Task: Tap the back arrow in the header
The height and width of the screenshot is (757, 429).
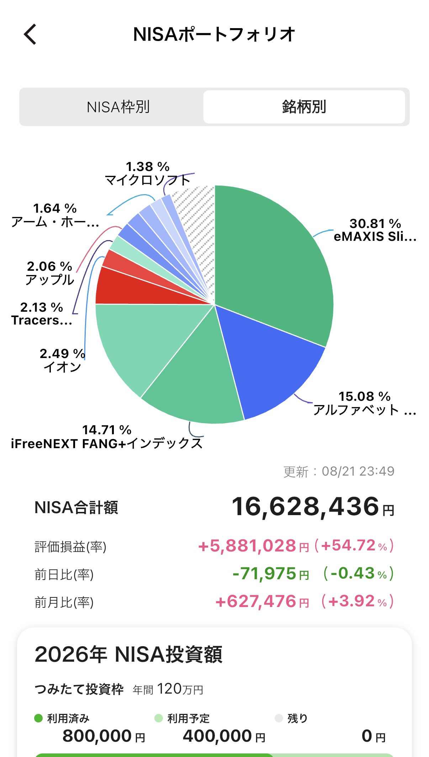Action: [x=30, y=34]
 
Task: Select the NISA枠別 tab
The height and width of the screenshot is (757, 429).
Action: [x=118, y=107]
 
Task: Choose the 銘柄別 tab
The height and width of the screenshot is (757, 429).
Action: [x=304, y=107]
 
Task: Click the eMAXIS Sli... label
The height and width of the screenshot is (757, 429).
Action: [x=375, y=236]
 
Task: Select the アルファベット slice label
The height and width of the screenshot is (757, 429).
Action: [x=365, y=410]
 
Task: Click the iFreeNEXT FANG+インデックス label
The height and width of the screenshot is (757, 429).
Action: [x=107, y=444]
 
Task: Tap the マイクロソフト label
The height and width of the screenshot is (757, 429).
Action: [x=148, y=180]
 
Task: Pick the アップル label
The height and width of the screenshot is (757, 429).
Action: [x=50, y=280]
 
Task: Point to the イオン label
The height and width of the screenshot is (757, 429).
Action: [x=63, y=367]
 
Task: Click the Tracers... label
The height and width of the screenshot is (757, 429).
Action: [x=42, y=320]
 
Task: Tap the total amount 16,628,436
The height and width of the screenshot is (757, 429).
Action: [x=305, y=506]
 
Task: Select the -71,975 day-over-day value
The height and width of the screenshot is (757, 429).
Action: [x=264, y=574]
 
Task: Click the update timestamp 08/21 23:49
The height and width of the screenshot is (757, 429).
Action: [x=358, y=471]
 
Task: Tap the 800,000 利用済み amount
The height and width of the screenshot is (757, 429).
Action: [x=97, y=736]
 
